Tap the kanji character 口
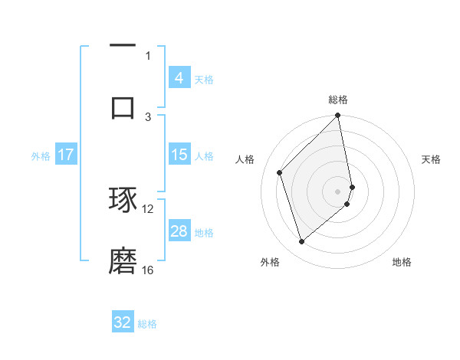123,106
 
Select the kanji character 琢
123,201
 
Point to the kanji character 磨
123,261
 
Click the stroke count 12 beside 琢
148,208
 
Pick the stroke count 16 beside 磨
148,270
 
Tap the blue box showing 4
179,78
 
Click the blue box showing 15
179,155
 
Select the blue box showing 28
179,231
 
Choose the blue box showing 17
66,155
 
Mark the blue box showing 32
123,322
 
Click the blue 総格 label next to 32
147,324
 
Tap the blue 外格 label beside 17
41,156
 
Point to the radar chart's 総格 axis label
338,100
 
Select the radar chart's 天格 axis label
432,159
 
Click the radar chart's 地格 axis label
402,262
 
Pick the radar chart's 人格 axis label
245,159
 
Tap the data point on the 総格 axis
338,116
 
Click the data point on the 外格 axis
301,242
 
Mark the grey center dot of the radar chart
338,191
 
